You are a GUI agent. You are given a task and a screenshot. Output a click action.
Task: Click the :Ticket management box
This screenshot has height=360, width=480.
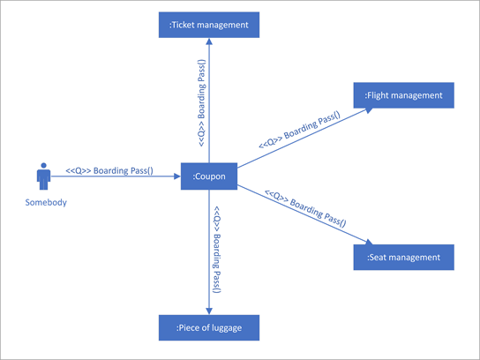click(x=209, y=25)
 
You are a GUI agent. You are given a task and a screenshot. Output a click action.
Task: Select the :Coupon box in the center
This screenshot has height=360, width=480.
click(x=209, y=176)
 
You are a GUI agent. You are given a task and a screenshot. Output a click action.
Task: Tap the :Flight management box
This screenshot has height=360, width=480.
click(x=405, y=94)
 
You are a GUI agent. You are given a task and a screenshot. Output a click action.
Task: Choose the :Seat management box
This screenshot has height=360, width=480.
click(x=405, y=257)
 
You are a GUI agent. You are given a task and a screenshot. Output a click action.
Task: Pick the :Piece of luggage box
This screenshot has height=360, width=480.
click(x=209, y=328)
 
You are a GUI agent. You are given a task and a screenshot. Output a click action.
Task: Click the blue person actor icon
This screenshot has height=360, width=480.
click(x=43, y=176)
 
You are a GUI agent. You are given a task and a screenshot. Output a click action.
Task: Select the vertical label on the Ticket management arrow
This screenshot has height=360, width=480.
click(x=202, y=102)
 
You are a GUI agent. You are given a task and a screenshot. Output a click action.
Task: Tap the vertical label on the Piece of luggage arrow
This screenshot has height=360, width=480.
click(x=216, y=250)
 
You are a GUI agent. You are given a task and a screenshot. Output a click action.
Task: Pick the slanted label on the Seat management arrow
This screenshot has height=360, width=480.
click(x=305, y=208)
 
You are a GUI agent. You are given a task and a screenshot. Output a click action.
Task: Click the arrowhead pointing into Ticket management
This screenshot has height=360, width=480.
click(x=209, y=42)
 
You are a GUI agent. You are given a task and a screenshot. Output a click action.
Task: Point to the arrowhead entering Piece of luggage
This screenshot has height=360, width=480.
click(x=209, y=311)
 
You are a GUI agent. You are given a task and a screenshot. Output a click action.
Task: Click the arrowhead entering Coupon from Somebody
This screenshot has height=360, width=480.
click(x=176, y=176)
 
